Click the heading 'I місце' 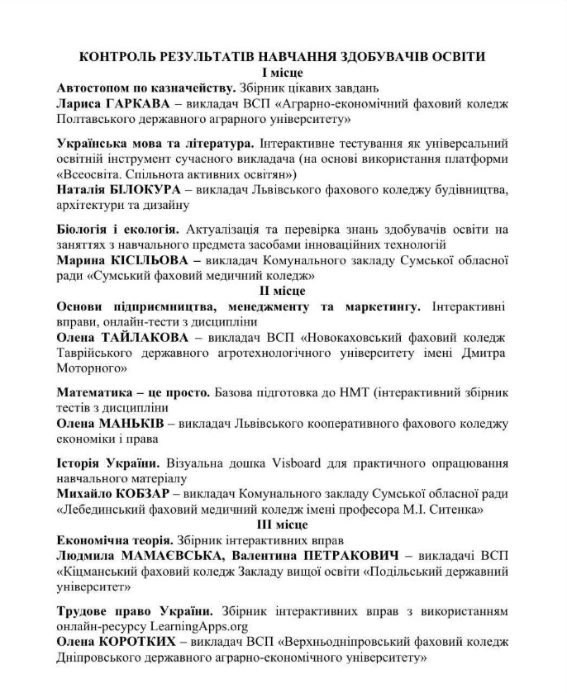[x=282, y=73]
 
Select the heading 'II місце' [x=282, y=291]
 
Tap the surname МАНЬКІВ [x=131, y=423]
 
